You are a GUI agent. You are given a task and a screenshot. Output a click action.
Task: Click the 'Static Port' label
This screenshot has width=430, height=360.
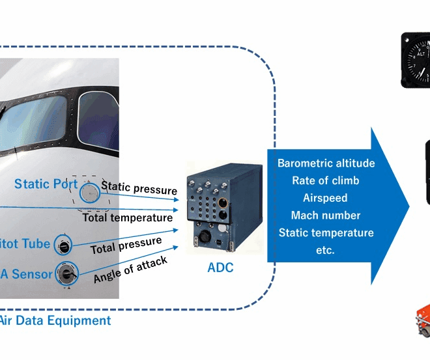(46, 184)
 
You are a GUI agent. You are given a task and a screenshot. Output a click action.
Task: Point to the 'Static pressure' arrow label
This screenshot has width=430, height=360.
(139, 189)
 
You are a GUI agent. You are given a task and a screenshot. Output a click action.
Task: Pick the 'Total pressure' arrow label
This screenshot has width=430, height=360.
(126, 245)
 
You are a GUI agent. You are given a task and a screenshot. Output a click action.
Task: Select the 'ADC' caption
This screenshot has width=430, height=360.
(220, 268)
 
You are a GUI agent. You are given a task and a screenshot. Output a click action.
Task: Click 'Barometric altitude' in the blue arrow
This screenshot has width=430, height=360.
(326, 163)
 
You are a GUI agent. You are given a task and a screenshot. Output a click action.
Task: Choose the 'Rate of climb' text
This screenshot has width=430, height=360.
(326, 180)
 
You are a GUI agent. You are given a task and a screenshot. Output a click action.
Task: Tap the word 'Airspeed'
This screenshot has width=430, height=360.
(325, 198)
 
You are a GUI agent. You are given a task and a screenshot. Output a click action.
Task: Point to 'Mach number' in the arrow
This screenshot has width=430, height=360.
(326, 215)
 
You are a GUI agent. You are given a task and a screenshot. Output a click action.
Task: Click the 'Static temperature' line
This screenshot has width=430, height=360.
(326, 232)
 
